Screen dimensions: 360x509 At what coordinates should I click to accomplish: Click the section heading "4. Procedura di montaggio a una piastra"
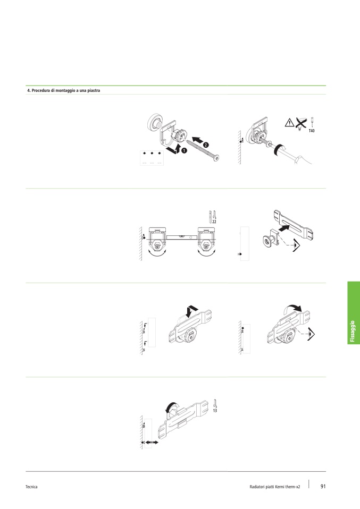pos(64,90)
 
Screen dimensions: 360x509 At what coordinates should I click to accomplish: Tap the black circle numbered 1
pos(184,150)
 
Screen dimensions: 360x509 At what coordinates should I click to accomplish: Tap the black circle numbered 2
pos(206,145)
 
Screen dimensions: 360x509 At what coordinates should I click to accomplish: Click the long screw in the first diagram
pos(203,149)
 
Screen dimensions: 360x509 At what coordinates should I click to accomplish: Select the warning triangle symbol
pos(289,123)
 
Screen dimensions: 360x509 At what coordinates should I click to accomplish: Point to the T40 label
pos(312,131)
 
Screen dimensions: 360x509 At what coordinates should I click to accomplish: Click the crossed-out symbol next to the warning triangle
pos(301,124)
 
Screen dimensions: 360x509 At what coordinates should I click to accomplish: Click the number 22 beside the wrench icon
pos(214,222)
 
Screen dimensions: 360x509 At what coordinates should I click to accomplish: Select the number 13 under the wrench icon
pos(215,411)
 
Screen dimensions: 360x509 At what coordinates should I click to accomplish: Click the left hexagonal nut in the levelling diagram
pos(157,247)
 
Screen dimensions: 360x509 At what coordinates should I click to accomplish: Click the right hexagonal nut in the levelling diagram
pos(206,247)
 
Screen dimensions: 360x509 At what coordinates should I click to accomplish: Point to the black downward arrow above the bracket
pos(191,311)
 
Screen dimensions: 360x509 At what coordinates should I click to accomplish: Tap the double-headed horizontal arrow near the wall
pos(152,443)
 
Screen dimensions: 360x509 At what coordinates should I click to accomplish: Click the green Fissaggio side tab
pos(354,312)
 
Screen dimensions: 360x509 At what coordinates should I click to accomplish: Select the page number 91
pos(323,486)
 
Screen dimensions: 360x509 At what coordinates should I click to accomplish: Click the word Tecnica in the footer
pos(31,487)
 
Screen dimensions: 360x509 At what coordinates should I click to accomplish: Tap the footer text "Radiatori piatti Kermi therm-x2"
pos(275,487)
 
